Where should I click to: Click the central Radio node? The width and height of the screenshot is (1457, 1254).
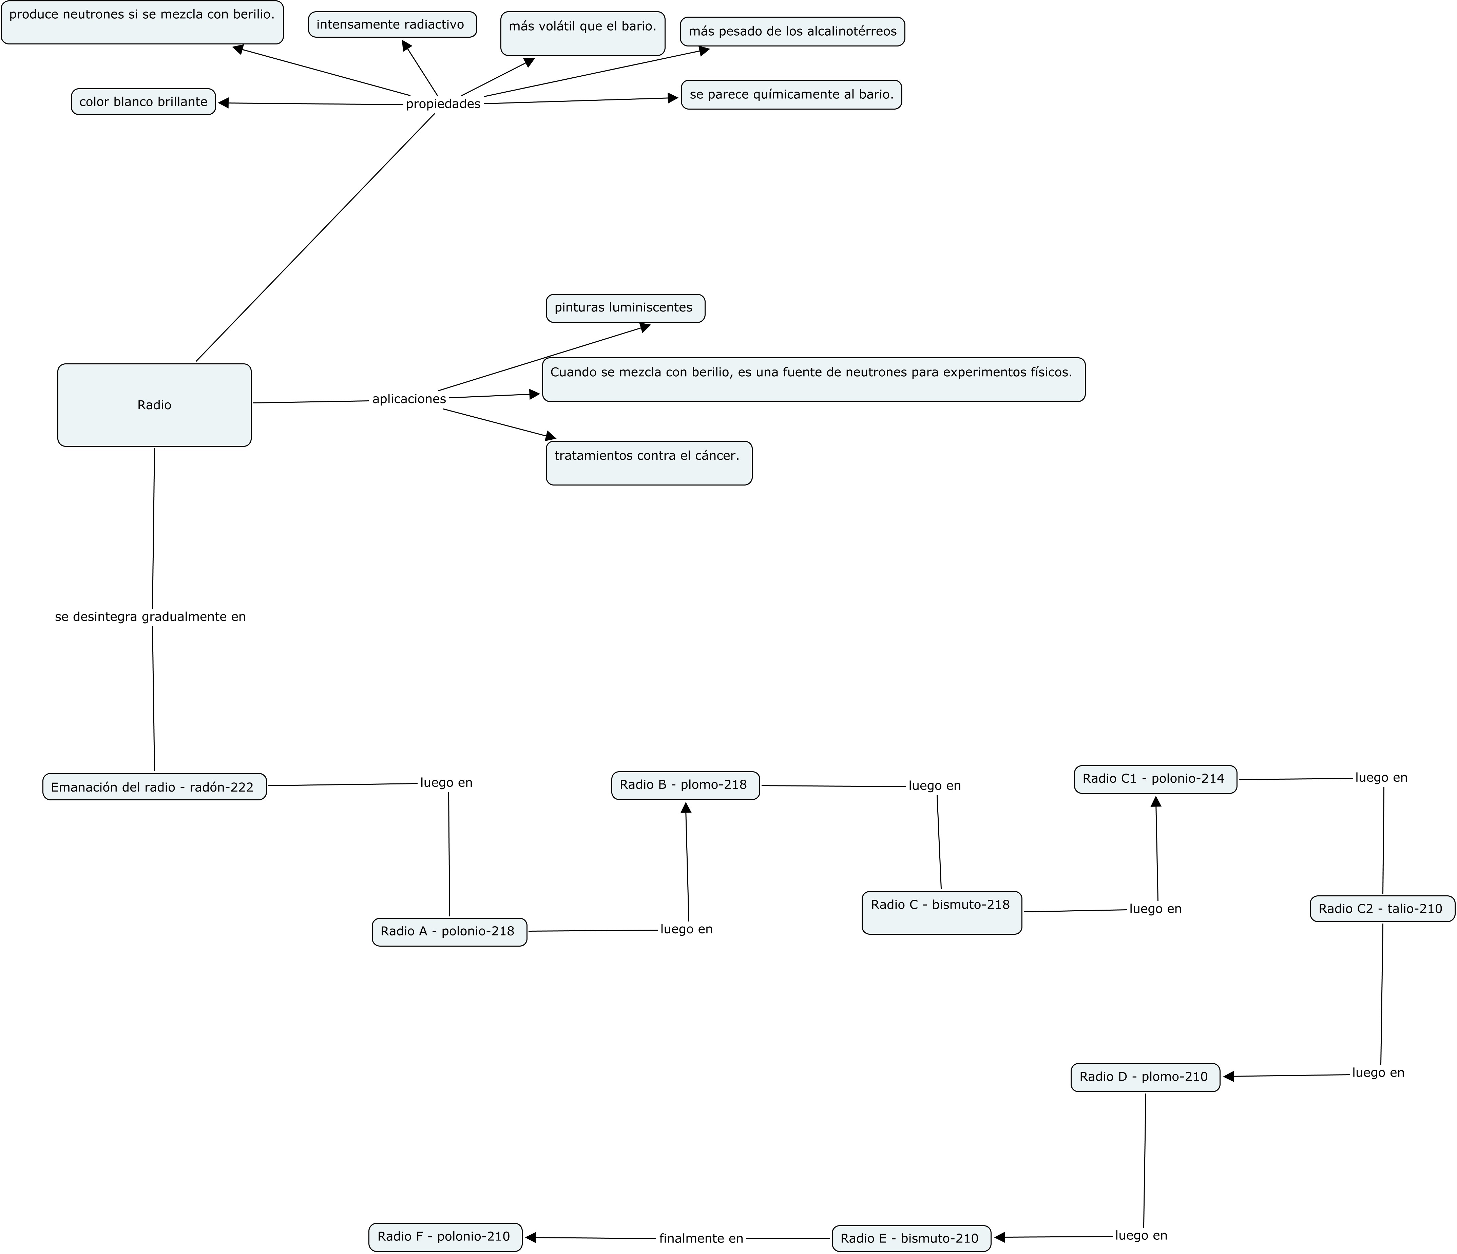coord(154,405)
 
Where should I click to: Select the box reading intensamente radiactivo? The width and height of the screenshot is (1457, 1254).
coord(392,25)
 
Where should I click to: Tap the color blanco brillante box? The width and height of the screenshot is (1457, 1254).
coord(143,102)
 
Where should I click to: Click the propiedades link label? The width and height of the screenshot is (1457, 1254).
coord(443,104)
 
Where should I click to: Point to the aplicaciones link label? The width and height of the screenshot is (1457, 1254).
coord(408,399)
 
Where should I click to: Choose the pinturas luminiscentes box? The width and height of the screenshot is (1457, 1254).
coord(625,308)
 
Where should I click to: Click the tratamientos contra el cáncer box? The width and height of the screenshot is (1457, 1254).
coord(648,463)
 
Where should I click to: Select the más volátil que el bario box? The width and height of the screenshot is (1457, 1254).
coord(582,33)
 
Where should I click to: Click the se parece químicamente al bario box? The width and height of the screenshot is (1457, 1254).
coord(791,95)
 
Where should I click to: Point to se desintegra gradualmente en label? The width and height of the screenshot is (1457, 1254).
coord(151,617)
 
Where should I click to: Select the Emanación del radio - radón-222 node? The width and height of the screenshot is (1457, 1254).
coord(154,787)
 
